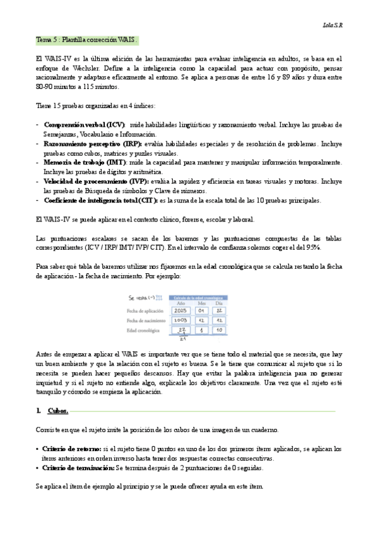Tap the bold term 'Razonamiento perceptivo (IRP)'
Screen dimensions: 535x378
tap(92, 144)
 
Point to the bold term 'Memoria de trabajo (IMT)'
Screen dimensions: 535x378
tap(84, 163)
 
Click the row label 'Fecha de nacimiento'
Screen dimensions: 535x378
tap(147, 320)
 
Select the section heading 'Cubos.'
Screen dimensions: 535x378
tap(57, 411)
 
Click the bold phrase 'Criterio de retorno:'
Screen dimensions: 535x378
tap(70, 449)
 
